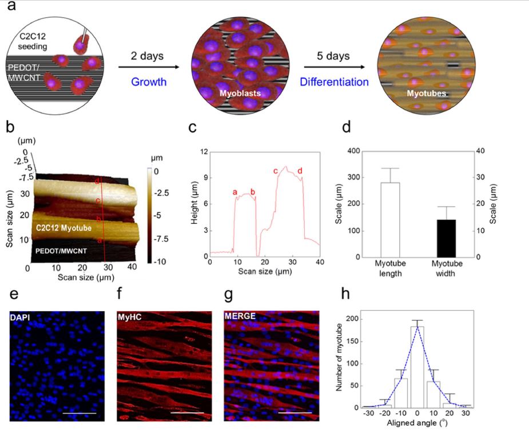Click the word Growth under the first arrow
pyautogui.click(x=149, y=82)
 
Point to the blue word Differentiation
pyautogui.click(x=335, y=82)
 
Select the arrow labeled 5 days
pyautogui.click(x=335, y=67)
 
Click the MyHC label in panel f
pyautogui.click(x=130, y=316)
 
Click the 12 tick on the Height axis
pyautogui.click(x=202, y=151)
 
